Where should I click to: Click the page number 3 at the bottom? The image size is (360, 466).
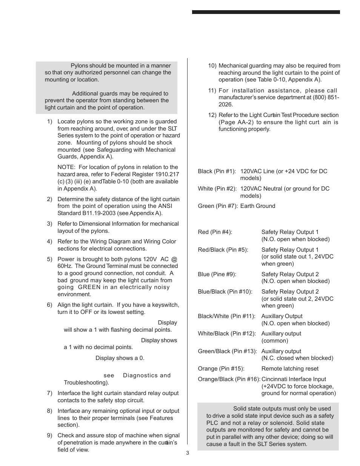(x=187, y=453)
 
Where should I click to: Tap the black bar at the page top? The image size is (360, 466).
(x=266, y=12)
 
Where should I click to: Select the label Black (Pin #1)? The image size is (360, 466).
(x=217, y=171)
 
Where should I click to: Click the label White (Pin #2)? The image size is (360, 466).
(x=217, y=189)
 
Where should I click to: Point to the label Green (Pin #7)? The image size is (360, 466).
(x=217, y=206)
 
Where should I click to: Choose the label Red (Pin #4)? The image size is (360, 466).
(x=215, y=232)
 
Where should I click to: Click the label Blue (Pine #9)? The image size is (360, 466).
(x=217, y=274)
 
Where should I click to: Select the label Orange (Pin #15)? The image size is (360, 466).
(x=221, y=369)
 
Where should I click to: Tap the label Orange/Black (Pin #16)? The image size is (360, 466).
(x=229, y=379)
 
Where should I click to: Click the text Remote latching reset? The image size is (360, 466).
(x=290, y=369)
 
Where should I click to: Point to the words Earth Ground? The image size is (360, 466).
(x=258, y=206)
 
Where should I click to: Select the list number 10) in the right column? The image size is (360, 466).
(x=212, y=66)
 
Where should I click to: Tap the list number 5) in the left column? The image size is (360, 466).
(x=49, y=259)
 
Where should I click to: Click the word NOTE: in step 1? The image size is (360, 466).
(x=66, y=167)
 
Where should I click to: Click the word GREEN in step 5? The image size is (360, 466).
(x=89, y=287)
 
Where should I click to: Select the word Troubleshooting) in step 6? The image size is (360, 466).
(x=86, y=383)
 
